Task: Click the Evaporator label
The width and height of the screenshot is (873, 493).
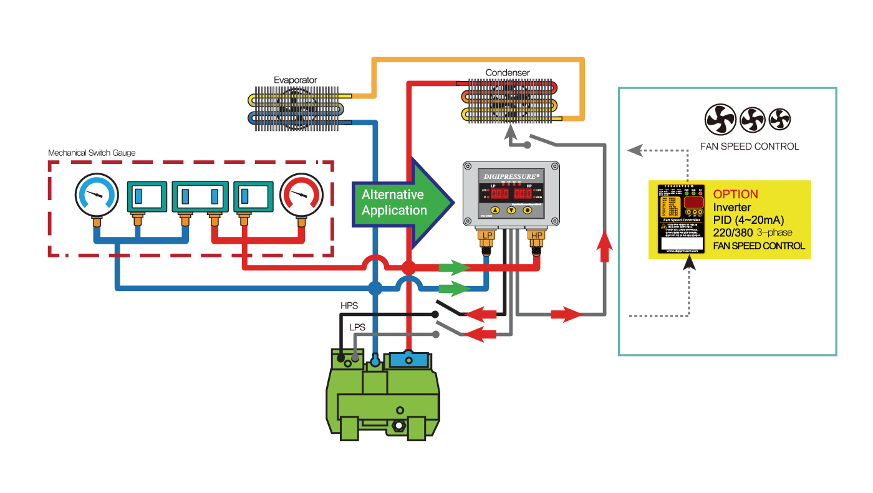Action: tap(296, 80)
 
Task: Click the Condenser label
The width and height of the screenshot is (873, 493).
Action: tap(508, 73)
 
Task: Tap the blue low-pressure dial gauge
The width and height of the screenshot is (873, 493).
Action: tap(96, 194)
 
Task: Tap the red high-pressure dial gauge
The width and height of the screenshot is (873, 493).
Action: tap(302, 194)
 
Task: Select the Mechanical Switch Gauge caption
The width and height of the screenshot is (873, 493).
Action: tap(92, 153)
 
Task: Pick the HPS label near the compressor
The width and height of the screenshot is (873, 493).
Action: tap(349, 306)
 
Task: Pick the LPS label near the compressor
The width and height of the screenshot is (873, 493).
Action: tap(357, 327)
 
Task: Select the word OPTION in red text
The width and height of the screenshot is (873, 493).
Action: tap(736, 194)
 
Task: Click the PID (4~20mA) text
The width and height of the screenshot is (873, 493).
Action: tap(748, 220)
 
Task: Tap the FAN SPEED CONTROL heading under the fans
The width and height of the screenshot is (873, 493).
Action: tap(750, 146)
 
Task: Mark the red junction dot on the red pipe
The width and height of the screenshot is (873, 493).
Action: tap(408, 268)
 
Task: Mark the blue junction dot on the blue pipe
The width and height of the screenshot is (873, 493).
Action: tap(375, 288)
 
